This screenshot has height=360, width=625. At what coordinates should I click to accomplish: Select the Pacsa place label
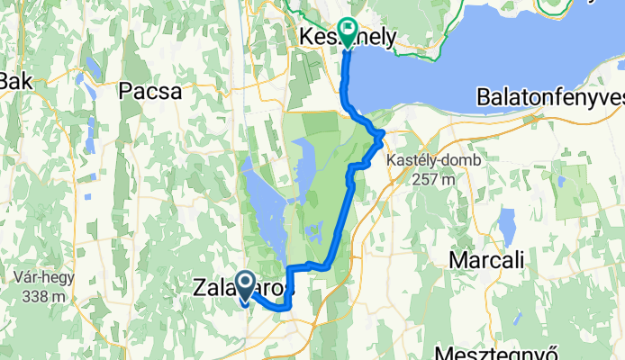pos(150,91)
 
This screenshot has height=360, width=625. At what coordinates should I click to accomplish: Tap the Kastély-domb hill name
pos(433,159)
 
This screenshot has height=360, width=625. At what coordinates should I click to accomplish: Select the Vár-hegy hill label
pos(44,277)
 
